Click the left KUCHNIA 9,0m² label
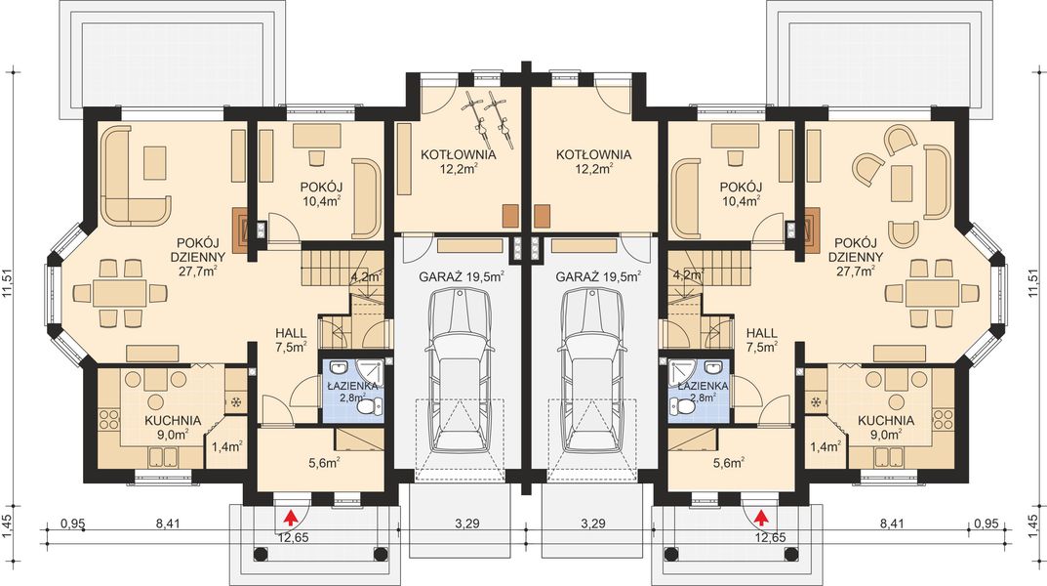[173, 427]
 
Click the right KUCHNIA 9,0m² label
[886, 427]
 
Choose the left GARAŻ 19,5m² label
[462, 276]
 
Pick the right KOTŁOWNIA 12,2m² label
[593, 162]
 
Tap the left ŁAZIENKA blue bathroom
[354, 391]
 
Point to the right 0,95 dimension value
[985, 523]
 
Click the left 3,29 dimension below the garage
[466, 523]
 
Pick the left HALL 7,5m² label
[291, 340]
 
